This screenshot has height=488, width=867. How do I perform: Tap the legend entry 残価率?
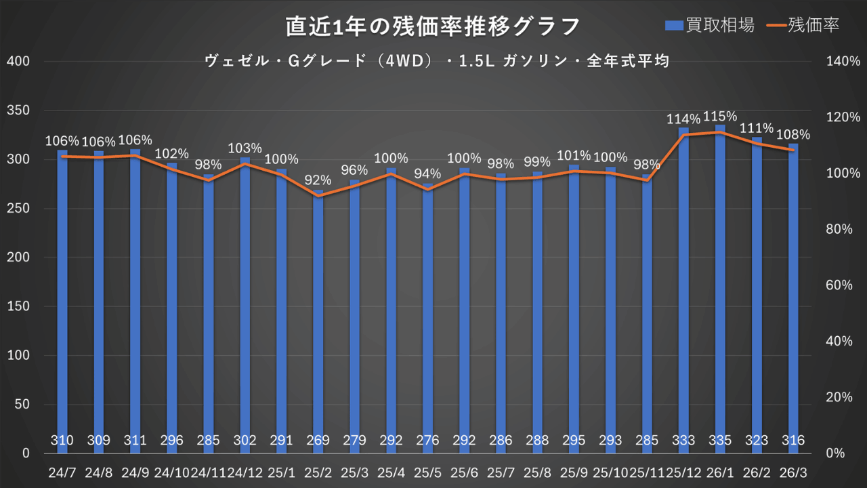[x=804, y=25]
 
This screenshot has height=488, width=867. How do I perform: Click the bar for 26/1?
[x=720, y=285]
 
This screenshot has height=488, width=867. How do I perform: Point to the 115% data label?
[x=720, y=116]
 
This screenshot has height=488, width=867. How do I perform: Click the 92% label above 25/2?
[x=318, y=180]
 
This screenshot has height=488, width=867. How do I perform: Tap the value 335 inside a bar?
[x=720, y=441]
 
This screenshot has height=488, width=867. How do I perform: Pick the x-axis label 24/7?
[x=62, y=471]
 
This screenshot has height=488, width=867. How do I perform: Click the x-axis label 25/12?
[x=683, y=471]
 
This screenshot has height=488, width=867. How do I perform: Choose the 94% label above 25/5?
[x=427, y=174]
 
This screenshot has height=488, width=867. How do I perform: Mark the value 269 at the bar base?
[x=318, y=441]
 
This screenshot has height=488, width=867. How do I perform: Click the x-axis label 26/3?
[x=793, y=471]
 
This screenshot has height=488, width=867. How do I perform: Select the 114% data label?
[x=683, y=119]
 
